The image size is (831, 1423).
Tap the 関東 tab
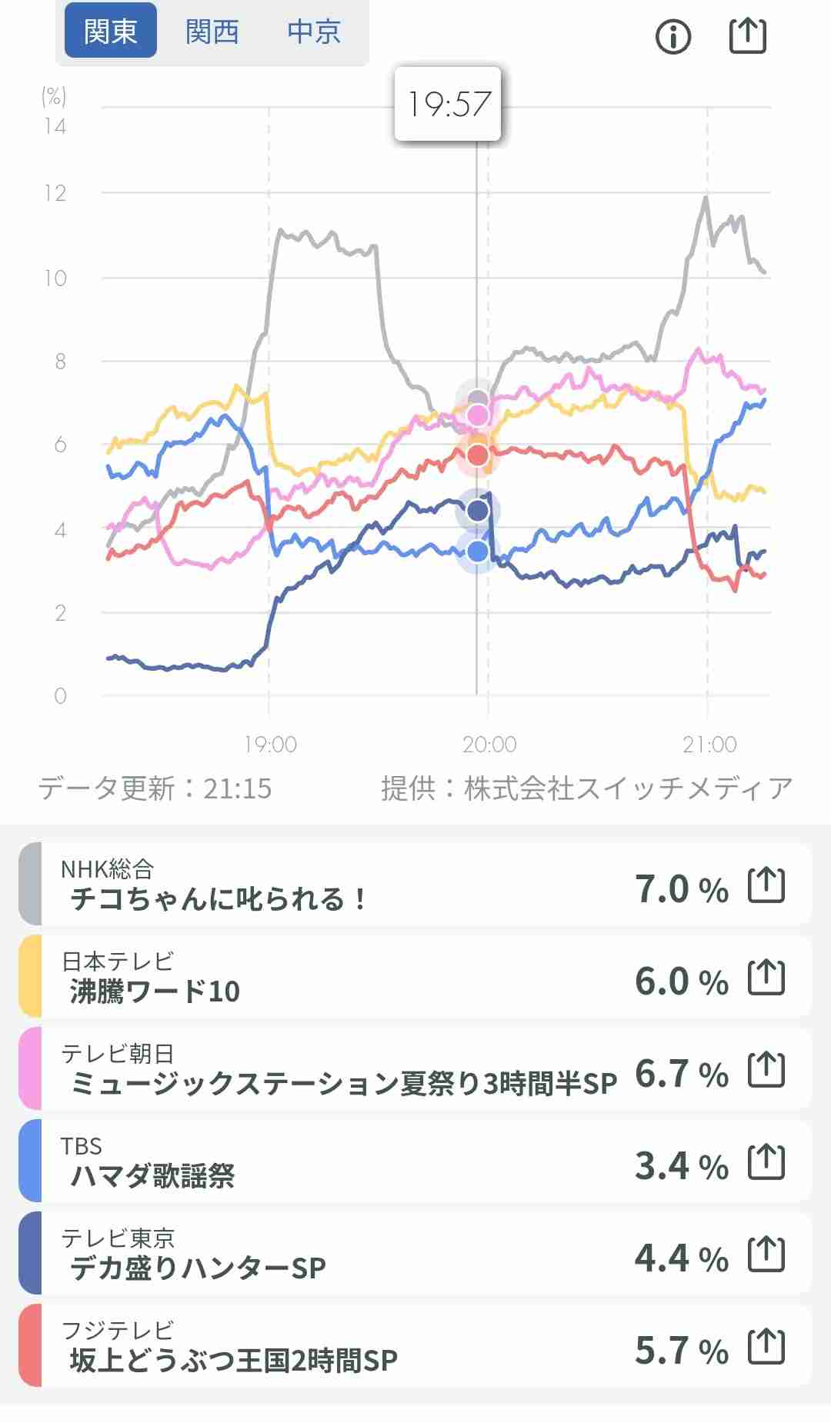[x=110, y=32]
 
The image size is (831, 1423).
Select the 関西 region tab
[x=212, y=32]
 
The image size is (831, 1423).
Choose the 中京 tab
[x=314, y=32]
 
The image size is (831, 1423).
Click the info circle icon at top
[x=673, y=36]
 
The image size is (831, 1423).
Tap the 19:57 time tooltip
[x=448, y=104]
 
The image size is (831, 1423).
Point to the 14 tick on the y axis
[x=55, y=126]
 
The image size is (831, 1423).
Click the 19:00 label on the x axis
[x=270, y=744]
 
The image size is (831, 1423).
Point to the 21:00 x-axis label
[x=709, y=744]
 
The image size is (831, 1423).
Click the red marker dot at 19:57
[x=478, y=455]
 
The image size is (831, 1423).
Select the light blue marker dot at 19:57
[x=478, y=552]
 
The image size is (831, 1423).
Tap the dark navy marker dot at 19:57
[x=478, y=511]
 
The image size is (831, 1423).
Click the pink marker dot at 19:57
[x=478, y=415]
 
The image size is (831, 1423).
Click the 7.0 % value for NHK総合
[x=681, y=889]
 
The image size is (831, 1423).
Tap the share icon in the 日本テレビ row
[x=766, y=978]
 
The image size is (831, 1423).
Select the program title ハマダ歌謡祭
[x=152, y=1175]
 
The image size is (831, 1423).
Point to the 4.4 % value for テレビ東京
[x=681, y=1258]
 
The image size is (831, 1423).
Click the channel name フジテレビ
[x=118, y=1330]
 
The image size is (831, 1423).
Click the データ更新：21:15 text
[x=155, y=788]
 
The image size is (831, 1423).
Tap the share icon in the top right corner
[x=747, y=36]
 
